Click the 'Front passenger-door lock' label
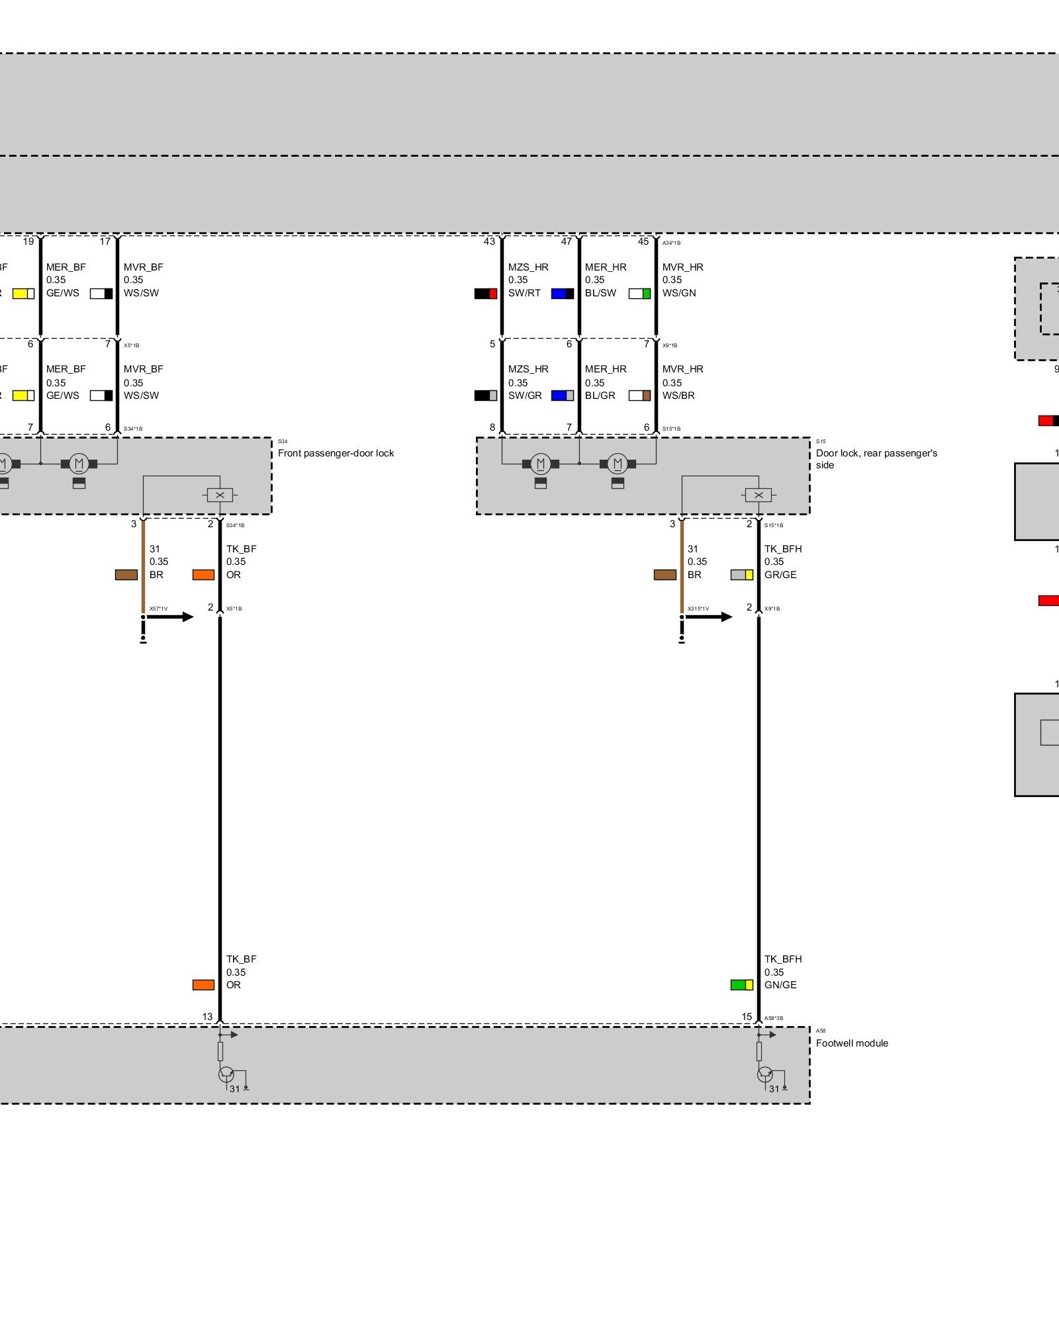tap(336, 453)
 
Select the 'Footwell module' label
tap(852, 1043)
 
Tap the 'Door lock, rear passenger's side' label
tap(876, 458)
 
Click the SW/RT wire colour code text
tap(524, 293)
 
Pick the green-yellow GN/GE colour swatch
tap(741, 985)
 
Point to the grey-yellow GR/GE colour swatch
tap(741, 575)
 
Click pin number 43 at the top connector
tap(489, 241)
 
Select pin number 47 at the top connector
tap(566, 241)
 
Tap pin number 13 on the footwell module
tap(207, 1017)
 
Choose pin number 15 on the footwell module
tap(747, 1017)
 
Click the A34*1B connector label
tap(671, 243)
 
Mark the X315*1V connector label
tap(698, 609)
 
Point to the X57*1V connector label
tap(158, 609)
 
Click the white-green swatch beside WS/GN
tap(639, 293)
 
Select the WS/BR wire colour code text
tap(678, 396)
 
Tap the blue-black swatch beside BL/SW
tap(563, 293)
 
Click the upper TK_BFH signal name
tap(783, 549)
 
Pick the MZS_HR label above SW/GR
tap(528, 369)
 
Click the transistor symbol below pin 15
tap(764, 1075)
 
